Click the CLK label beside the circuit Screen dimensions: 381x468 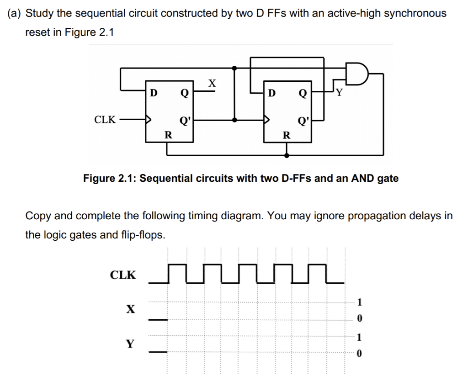(x=105, y=120)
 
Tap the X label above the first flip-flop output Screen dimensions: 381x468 (x=211, y=83)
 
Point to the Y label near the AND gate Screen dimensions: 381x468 (x=339, y=93)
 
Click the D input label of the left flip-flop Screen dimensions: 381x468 (x=154, y=93)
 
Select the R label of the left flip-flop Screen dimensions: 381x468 (x=168, y=135)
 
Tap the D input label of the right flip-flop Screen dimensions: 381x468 (x=272, y=93)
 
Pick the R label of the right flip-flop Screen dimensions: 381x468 (x=287, y=135)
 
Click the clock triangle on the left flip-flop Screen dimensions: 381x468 (x=148, y=120)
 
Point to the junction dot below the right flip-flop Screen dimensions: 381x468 (x=287, y=155)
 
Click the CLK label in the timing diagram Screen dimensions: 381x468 (x=123, y=275)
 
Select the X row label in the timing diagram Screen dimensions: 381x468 (x=131, y=309)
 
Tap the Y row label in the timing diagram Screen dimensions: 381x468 (x=131, y=343)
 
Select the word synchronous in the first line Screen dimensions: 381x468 (x=415, y=13)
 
